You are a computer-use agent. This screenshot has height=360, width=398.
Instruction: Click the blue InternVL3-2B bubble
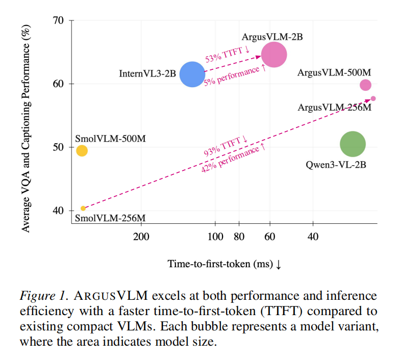click(x=192, y=74)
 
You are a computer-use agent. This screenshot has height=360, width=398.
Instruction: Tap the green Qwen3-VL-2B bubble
click(x=353, y=144)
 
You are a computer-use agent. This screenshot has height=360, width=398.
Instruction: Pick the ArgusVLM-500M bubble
click(x=365, y=85)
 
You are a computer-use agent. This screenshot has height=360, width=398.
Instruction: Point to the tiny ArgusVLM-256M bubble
click(x=373, y=98)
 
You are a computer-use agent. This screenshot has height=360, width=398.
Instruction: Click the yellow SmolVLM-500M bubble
click(x=82, y=150)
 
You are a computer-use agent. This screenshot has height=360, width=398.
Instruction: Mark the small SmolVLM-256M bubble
click(x=83, y=208)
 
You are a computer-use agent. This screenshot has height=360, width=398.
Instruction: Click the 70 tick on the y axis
click(x=59, y=21)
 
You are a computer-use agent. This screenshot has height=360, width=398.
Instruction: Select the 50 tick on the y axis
click(x=59, y=147)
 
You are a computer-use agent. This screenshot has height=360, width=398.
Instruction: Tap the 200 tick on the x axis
click(x=141, y=237)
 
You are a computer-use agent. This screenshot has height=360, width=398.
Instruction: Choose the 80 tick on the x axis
click(x=239, y=237)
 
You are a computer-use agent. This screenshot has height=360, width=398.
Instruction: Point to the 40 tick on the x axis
click(x=313, y=237)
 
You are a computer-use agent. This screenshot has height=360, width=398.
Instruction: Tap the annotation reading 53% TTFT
click(x=227, y=53)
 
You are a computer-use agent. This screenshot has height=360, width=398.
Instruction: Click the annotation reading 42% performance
click(x=233, y=158)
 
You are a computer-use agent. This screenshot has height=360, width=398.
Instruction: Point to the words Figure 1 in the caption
click(x=43, y=296)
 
